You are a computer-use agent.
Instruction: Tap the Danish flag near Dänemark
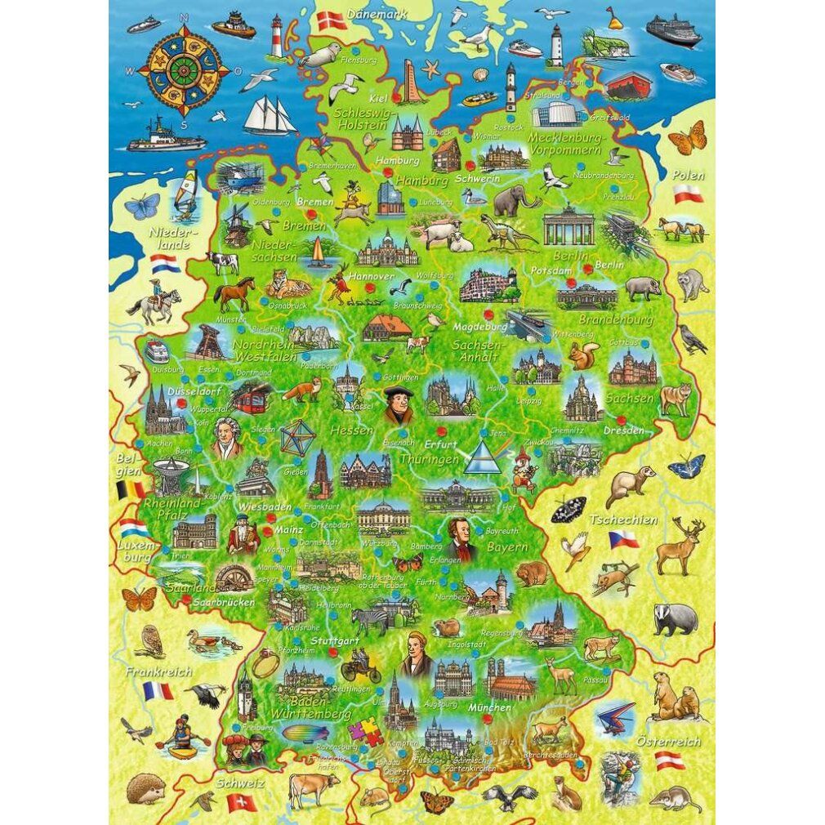point(331,21)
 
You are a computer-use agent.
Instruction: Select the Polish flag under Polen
point(688,194)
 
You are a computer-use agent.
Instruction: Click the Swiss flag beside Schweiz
point(241,802)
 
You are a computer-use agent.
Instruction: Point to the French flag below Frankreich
point(158,691)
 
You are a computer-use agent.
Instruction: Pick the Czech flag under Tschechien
point(623,540)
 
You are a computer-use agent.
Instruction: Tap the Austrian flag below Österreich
point(670,760)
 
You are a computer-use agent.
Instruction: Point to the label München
point(490,707)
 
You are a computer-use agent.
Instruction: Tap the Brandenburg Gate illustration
point(569,225)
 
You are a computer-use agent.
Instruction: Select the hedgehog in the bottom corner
point(145,789)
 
